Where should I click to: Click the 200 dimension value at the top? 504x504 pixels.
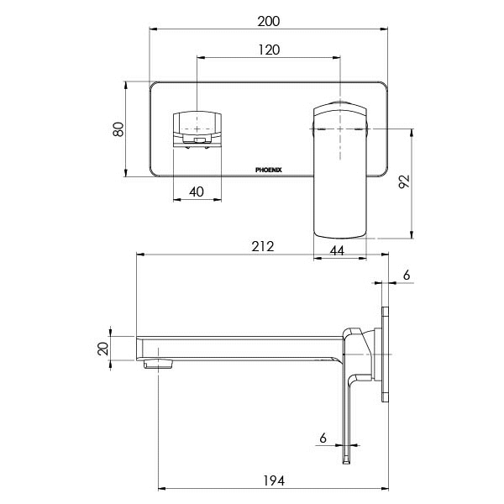point(269,21)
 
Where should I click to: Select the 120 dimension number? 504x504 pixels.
point(269,50)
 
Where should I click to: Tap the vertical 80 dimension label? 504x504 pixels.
point(118,129)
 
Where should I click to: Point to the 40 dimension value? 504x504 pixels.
point(197,192)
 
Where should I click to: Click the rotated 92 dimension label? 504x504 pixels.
point(404,181)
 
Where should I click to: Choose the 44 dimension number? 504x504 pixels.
point(337,250)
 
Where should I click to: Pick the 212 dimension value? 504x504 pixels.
point(263,246)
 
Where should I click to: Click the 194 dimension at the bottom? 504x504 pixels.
point(274,480)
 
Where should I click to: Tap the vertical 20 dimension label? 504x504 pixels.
point(102,349)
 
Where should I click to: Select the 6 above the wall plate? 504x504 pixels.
point(407,276)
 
